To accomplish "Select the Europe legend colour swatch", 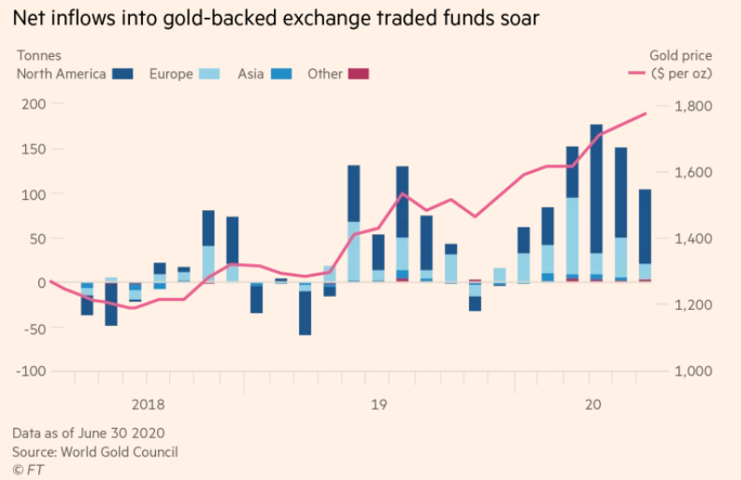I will [209, 74].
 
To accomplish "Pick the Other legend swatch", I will [358, 74].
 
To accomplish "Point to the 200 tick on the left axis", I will [35, 106].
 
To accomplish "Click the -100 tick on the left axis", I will [32, 371].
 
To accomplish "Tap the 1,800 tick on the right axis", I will [693, 106].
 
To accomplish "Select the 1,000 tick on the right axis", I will [693, 371].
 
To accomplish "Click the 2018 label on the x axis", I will [148, 404].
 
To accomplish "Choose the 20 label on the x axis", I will [591, 404].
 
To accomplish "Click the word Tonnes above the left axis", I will [38, 56].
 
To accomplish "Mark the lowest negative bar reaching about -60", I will [305, 312].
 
